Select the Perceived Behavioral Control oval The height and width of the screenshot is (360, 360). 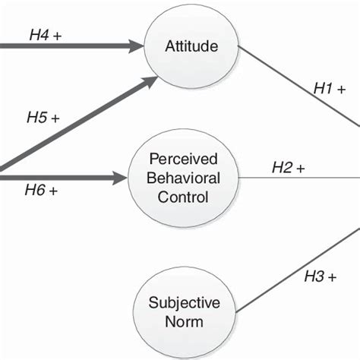pos(185,178)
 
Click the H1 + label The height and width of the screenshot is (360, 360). pos(330,89)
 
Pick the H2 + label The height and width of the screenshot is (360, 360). pos(289,168)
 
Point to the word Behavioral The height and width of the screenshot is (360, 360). pos(185,178)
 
